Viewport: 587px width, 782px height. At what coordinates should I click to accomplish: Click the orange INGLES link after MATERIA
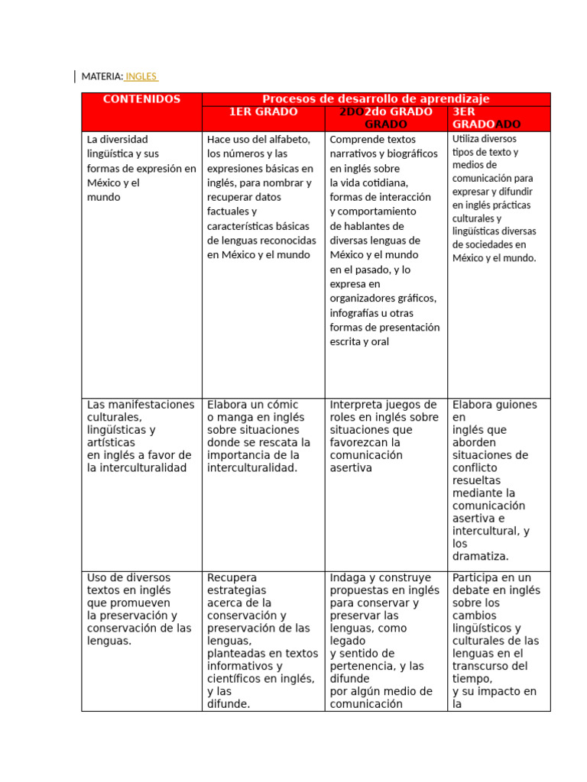(x=141, y=76)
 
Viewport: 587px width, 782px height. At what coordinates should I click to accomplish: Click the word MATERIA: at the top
(x=102, y=76)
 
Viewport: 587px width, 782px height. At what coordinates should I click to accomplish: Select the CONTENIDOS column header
(x=141, y=99)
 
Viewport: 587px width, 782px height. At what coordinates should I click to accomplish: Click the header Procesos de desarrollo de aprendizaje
(x=376, y=99)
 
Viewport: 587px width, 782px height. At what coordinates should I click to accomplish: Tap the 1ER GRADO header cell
(x=264, y=112)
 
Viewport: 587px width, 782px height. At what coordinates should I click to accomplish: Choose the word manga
(x=232, y=418)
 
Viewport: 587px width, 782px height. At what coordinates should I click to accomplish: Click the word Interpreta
(x=356, y=405)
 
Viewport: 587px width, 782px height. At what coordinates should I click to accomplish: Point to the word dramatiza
(x=481, y=557)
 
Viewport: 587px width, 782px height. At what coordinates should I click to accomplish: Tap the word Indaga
(x=349, y=578)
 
